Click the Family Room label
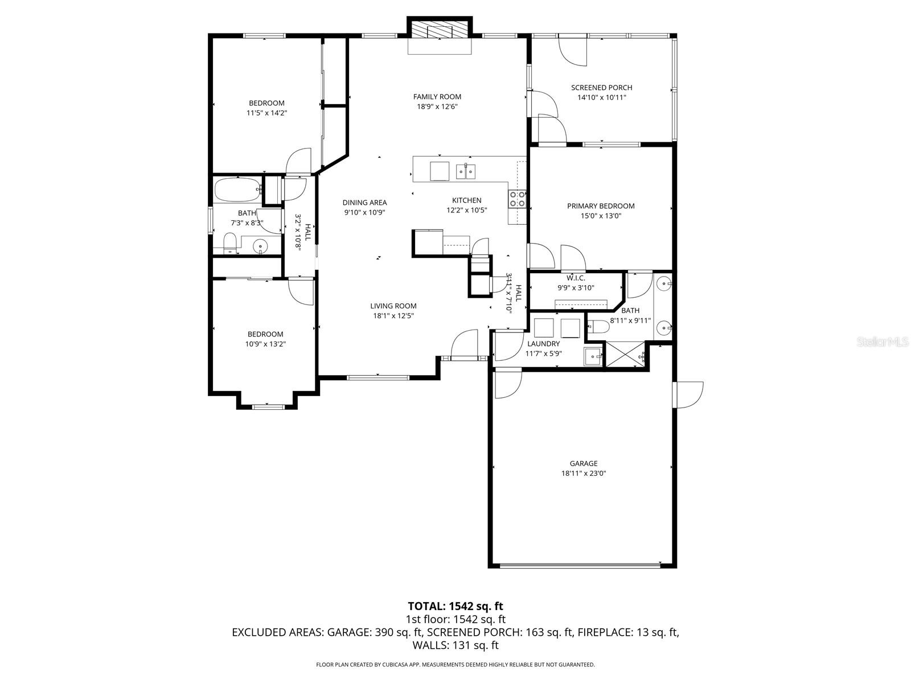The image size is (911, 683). pos(437,97)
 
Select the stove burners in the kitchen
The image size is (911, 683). pos(517,199)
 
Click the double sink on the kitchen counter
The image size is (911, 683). pos(466,171)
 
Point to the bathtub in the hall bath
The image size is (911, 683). pos(237,190)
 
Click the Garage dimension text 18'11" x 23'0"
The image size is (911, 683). pos(584,473)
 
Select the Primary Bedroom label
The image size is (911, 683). pos(601,206)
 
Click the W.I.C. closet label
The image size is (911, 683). pos(576,278)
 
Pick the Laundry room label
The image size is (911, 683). pos(543,344)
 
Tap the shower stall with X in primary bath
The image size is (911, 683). pos(625,355)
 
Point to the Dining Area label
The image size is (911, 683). pos(364,203)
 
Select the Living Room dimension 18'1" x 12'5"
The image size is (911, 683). pos(393,315)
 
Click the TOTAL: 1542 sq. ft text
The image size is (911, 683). pos(455,606)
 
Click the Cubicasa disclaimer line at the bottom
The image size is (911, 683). pos(455,664)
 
